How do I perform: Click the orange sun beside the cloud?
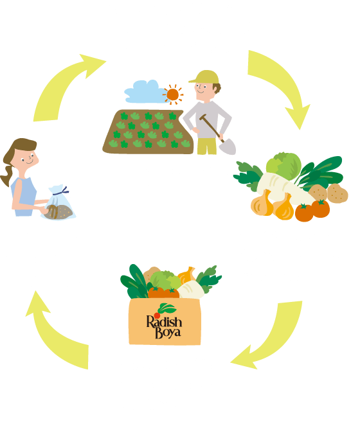[173, 94]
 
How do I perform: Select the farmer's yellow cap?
[205, 77]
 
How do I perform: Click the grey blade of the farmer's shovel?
[228, 146]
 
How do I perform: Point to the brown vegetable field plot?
[148, 132]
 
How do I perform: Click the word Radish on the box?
[164, 322]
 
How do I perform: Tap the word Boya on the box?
[168, 333]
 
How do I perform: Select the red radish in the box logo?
[157, 315]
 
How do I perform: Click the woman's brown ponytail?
[7, 175]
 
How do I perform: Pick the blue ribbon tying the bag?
[62, 191]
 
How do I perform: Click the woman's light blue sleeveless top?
[24, 197]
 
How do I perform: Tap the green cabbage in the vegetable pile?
[283, 166]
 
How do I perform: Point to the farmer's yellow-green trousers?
[207, 146]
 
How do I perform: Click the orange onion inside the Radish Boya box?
[187, 275]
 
